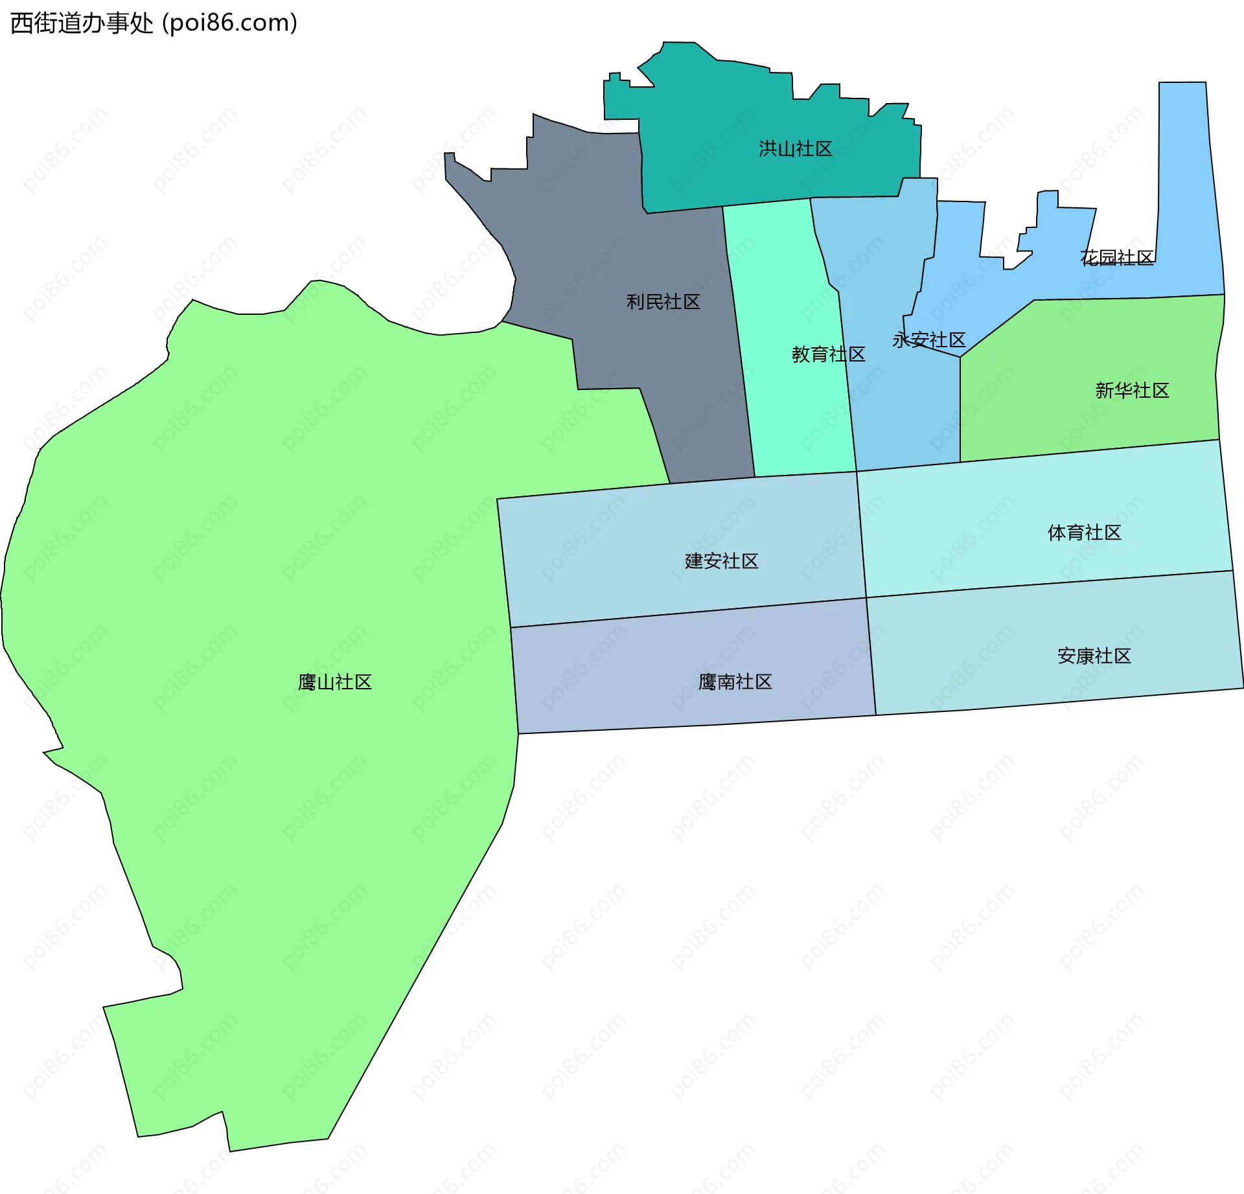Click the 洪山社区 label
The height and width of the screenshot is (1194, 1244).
(795, 149)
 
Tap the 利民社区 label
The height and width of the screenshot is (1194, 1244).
(663, 302)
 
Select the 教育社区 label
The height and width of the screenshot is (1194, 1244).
(828, 354)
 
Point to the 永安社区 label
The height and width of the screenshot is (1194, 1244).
(928, 340)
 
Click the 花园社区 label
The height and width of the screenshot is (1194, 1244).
(1116, 258)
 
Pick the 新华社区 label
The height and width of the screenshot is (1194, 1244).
(1132, 391)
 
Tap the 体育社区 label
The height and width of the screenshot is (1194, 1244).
(1084, 533)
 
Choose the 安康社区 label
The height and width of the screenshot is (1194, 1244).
(1094, 656)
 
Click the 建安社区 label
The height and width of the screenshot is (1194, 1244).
(721, 561)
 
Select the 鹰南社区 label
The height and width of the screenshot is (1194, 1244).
(735, 682)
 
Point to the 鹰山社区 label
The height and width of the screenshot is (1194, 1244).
(334, 682)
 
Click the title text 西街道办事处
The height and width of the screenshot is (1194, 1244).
(82, 23)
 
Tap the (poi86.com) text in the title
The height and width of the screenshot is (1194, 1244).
(229, 23)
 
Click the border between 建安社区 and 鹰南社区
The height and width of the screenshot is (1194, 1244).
(687, 613)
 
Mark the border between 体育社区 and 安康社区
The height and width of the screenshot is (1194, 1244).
(1050, 584)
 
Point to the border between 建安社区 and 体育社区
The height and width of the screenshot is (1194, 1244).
(861, 534)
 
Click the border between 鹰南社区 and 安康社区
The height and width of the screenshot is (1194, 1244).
(871, 656)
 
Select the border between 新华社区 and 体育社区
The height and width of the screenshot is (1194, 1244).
(1088, 451)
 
